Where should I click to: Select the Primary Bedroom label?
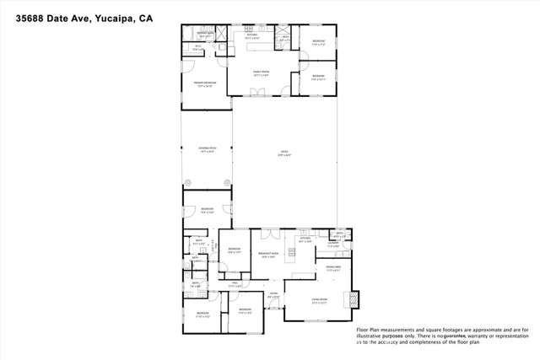tap(205, 83)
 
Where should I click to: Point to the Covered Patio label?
tap(207, 151)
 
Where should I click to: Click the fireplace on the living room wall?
tap(354, 300)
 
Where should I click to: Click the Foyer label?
tap(273, 295)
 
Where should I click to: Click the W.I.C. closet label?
tap(197, 49)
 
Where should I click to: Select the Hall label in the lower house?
tap(236, 284)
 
